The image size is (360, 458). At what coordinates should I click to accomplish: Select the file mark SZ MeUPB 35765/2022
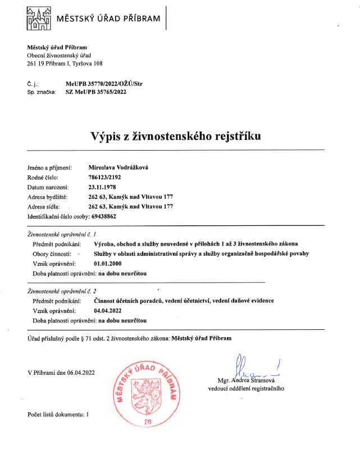point(96,91)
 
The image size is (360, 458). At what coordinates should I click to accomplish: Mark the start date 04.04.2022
point(108,310)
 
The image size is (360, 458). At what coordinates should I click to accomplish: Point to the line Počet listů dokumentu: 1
point(58,414)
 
